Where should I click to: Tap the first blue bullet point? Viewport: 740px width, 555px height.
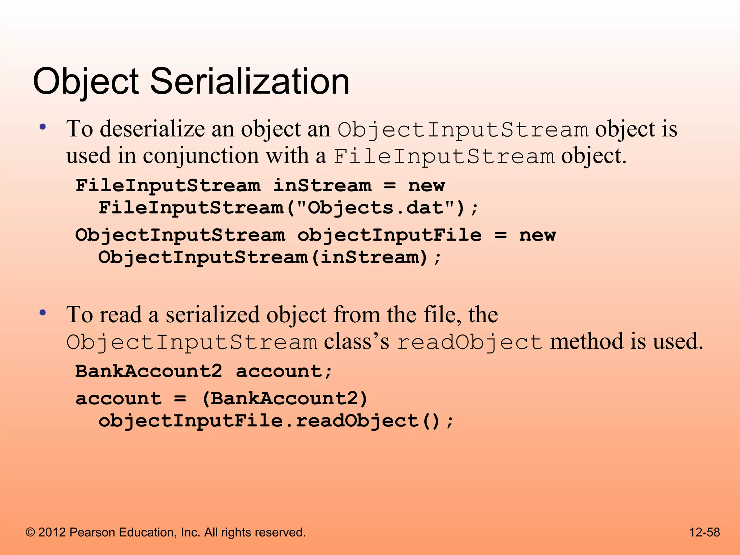(x=43, y=127)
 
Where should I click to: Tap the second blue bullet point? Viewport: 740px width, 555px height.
(x=43, y=313)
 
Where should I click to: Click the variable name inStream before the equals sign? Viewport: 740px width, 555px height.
(x=322, y=186)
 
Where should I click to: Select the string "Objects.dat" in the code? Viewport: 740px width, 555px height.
(x=375, y=208)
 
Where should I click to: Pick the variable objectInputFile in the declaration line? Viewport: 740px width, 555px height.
(x=390, y=235)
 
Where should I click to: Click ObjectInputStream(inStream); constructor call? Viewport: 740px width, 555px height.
(x=270, y=258)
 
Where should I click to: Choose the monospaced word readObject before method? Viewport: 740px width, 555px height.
(x=470, y=342)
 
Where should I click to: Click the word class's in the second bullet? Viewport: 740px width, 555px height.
(x=356, y=341)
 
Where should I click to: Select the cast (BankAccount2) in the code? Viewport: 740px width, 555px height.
(x=285, y=399)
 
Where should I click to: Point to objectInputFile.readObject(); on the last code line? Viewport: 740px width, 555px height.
(x=276, y=421)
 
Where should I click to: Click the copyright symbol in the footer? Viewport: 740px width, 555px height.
(x=30, y=532)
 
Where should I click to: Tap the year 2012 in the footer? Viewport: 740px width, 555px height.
(x=52, y=532)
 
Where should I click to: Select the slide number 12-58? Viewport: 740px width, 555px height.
(x=704, y=532)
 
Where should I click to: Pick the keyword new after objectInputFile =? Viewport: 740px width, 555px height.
(x=537, y=235)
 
